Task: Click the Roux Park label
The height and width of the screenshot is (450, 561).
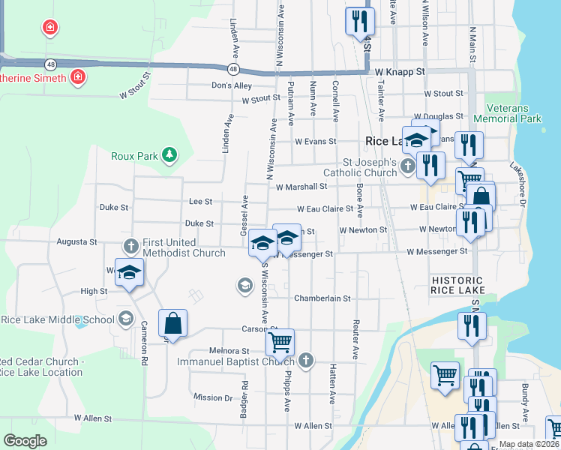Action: coord(134,156)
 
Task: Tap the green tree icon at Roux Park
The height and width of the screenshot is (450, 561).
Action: coord(170,155)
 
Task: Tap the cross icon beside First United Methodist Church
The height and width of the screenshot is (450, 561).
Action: coord(130,245)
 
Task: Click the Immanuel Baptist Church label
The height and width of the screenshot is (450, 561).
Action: coord(235,361)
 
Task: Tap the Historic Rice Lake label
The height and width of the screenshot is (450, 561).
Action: coord(458,285)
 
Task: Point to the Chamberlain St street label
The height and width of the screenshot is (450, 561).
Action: coord(322,298)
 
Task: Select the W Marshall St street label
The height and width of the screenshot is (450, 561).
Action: coord(302,187)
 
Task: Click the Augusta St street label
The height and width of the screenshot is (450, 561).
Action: coord(78,242)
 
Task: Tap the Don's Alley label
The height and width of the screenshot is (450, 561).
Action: coord(232,85)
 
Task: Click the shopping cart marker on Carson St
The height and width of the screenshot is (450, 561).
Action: coord(280,343)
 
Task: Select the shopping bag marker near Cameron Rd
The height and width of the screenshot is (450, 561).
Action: coord(172,323)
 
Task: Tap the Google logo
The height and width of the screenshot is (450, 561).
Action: coord(25,440)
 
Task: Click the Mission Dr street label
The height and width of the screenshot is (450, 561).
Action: coord(213,397)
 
